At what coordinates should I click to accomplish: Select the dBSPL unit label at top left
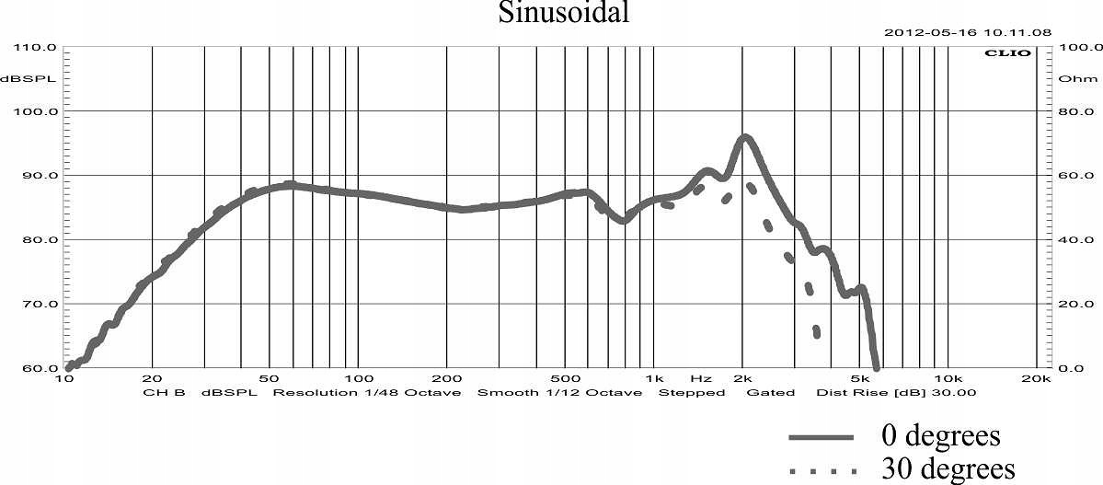[28, 78]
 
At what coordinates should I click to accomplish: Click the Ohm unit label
[1072, 78]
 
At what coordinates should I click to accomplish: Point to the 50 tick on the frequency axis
[269, 378]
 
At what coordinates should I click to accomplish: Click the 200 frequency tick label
[446, 378]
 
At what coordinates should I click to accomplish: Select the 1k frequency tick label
[653, 378]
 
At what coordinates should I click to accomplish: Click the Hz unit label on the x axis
[701, 378]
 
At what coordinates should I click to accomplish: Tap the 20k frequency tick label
[1037, 378]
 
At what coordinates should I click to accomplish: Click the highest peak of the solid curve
[745, 137]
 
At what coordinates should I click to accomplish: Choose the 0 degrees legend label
[940, 434]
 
